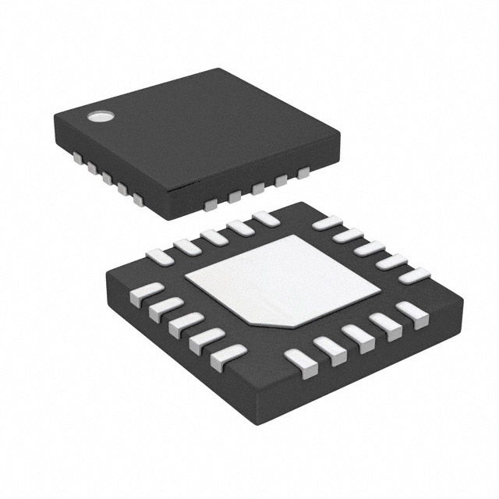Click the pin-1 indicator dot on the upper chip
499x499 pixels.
pyautogui.click(x=100, y=118)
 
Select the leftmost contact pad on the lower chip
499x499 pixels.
pyautogui.click(x=141, y=292)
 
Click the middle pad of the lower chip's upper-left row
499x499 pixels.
pyautogui.click(x=213, y=237)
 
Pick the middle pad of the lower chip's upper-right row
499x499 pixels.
pyautogui.click(x=370, y=248)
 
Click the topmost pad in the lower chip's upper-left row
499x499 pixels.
pyautogui.click(x=265, y=219)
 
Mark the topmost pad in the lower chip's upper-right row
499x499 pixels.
pyautogui.click(x=327, y=223)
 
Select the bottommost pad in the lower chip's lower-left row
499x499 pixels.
pyautogui.click(x=227, y=357)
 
